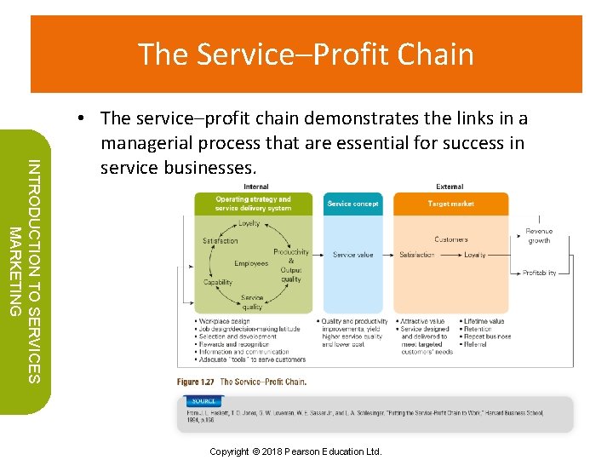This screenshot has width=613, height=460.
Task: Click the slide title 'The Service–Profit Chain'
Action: [x=306, y=55]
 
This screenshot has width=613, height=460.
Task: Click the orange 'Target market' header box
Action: [x=450, y=204]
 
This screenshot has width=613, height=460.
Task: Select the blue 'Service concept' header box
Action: [x=352, y=204]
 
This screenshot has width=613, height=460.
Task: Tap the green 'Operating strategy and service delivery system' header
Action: [x=254, y=204]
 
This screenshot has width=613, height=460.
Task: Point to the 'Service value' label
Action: [x=352, y=255]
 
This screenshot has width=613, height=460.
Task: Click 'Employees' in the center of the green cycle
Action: [x=251, y=263]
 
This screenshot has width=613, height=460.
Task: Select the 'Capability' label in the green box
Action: [x=218, y=283]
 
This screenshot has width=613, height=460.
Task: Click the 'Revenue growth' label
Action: [x=539, y=236]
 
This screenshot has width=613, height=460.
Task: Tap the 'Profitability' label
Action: [x=539, y=273]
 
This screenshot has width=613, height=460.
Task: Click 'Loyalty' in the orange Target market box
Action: [x=475, y=255]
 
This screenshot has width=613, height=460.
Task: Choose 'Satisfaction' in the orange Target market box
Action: [x=417, y=255]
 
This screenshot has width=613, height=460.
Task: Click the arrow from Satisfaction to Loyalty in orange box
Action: [x=450, y=255]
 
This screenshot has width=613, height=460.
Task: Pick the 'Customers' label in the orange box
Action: [x=450, y=239]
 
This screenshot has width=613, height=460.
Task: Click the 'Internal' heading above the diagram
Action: [x=255, y=187]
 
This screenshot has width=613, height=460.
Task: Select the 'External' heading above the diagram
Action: [x=450, y=187]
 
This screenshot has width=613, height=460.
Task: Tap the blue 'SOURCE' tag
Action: [x=204, y=400]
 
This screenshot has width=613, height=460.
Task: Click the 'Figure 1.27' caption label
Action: [x=195, y=382]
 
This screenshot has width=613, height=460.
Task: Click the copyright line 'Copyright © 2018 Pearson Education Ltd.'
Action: [x=295, y=451]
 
